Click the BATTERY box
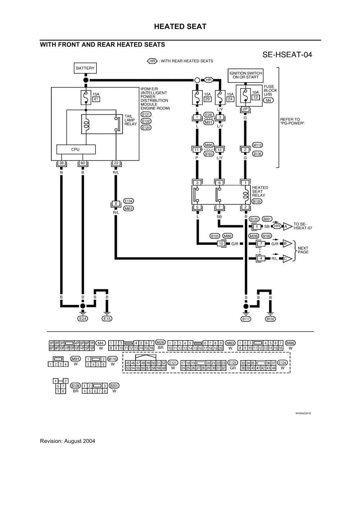85,68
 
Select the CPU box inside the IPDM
76,149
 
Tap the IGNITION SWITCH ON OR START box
246,75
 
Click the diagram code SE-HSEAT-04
287,55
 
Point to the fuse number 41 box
96,99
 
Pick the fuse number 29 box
207,99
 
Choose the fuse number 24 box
230,99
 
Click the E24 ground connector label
83,319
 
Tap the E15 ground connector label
107,319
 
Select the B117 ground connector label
246,319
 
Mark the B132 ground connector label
270,319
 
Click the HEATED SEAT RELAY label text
260,192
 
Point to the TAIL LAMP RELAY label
130,120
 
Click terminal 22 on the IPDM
116,163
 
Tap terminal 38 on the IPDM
61,163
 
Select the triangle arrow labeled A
287,226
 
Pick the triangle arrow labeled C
287,258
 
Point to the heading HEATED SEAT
180,27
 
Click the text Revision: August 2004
67,441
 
